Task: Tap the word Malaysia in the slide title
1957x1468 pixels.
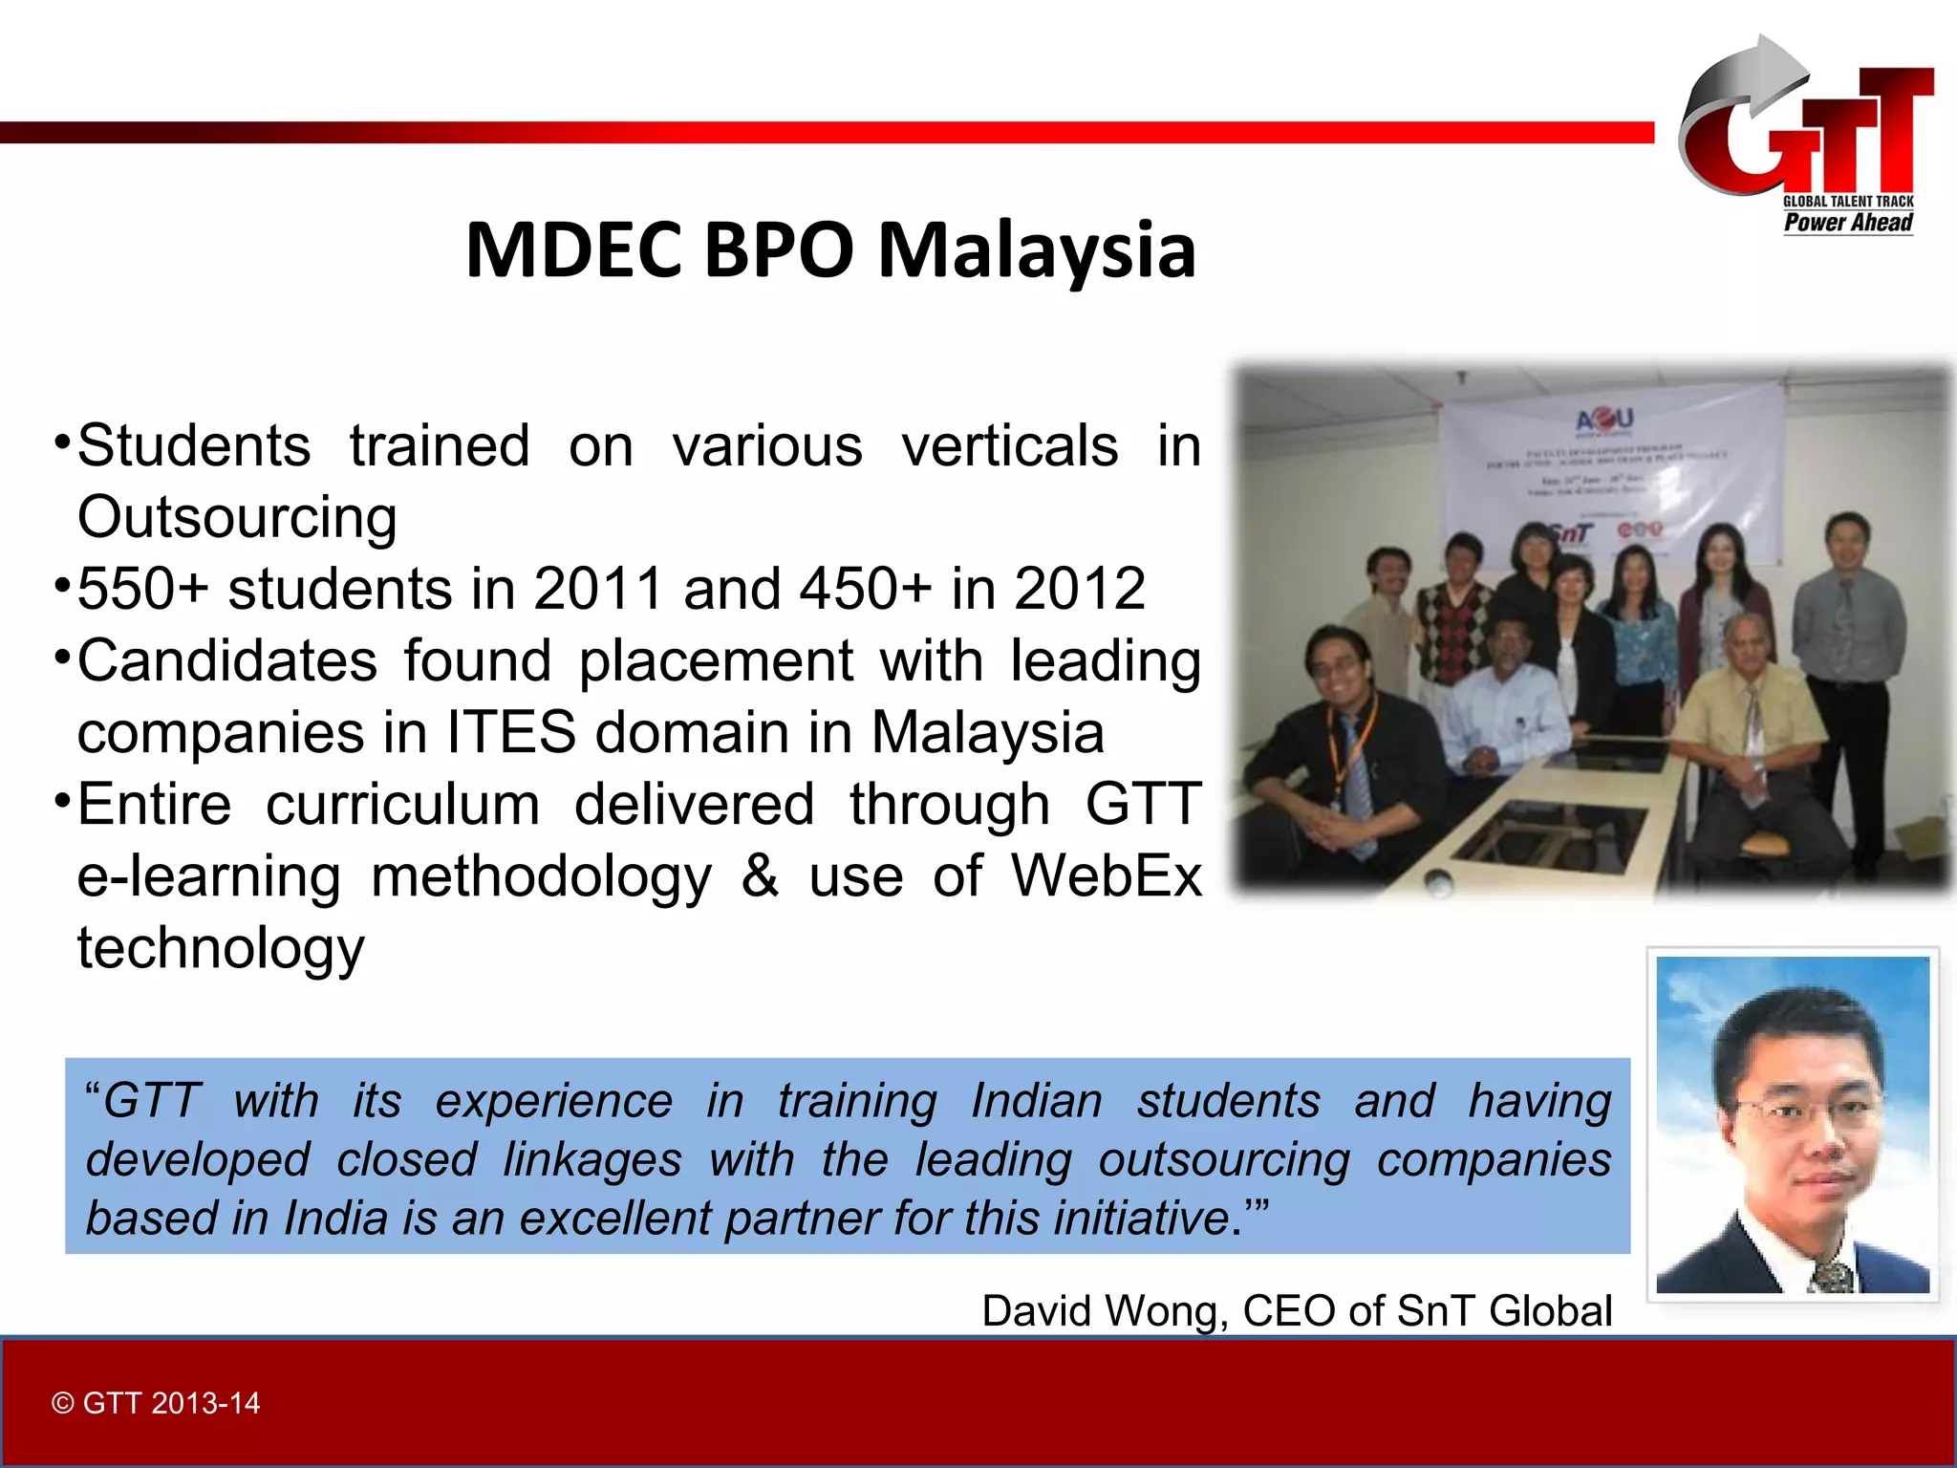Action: tap(1036, 250)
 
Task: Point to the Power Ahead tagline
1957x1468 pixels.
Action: tap(1848, 223)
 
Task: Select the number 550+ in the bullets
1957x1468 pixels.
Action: tap(142, 588)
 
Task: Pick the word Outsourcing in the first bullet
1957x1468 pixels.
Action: tap(237, 517)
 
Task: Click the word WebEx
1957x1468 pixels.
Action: tap(1106, 875)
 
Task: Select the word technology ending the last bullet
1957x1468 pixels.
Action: tap(221, 947)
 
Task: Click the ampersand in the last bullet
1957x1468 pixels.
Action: tap(760, 875)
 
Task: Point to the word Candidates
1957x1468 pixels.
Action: tap(227, 660)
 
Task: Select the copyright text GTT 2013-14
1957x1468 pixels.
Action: tap(157, 1403)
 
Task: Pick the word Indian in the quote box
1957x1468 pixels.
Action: tap(1036, 1101)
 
